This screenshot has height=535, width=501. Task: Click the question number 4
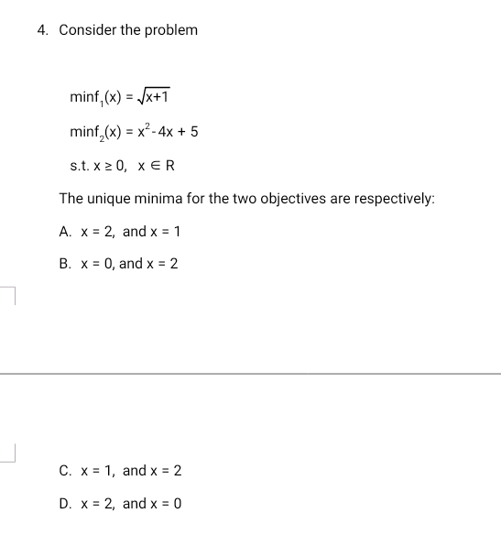[43, 30]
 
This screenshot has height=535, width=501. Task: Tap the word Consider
[84, 30]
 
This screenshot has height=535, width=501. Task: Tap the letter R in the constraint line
[169, 166]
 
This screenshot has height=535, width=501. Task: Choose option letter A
[64, 232]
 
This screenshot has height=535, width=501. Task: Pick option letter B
[64, 264]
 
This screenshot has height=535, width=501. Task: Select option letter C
[64, 471]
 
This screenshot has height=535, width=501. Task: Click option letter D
[64, 504]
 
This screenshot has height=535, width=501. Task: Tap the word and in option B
[131, 264]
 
